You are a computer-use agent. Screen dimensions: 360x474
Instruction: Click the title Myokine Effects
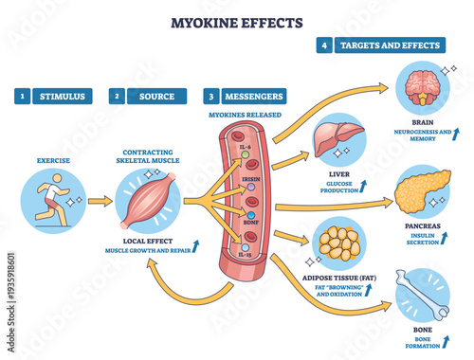236,21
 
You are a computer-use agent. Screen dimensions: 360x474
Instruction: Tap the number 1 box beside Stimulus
22,96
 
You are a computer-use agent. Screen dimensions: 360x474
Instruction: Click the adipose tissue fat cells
338,244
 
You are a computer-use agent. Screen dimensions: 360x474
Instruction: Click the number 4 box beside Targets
323,45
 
